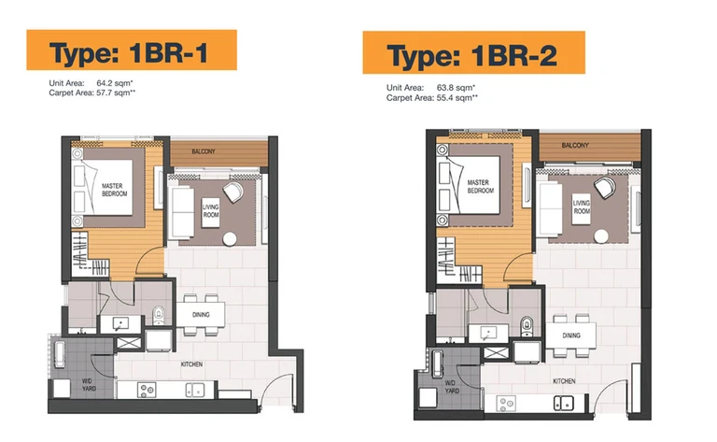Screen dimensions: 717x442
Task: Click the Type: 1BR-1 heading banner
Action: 132,50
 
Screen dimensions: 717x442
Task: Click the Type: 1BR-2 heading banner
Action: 473,52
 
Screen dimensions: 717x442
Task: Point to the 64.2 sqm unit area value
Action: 114,83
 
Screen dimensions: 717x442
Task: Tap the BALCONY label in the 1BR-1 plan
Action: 204,151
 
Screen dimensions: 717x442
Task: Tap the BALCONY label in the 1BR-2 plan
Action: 575,145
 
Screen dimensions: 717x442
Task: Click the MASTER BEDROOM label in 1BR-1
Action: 114,190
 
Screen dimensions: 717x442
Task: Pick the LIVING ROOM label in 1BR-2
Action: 582,207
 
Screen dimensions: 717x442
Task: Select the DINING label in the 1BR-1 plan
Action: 201,315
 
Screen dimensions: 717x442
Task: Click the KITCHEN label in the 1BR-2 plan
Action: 564,381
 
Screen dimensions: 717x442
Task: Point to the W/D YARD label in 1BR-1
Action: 89,384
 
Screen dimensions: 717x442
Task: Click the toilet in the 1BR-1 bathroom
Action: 159,315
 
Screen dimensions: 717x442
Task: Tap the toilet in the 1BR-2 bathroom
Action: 527,326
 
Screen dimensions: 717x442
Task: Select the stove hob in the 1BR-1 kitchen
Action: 148,390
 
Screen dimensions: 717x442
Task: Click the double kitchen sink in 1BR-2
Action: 563,403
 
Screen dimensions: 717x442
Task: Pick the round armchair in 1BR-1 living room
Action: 233,192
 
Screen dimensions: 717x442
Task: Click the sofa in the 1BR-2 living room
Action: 552,208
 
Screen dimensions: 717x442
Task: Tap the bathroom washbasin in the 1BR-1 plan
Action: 120,324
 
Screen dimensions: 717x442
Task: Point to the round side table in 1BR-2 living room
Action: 601,236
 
